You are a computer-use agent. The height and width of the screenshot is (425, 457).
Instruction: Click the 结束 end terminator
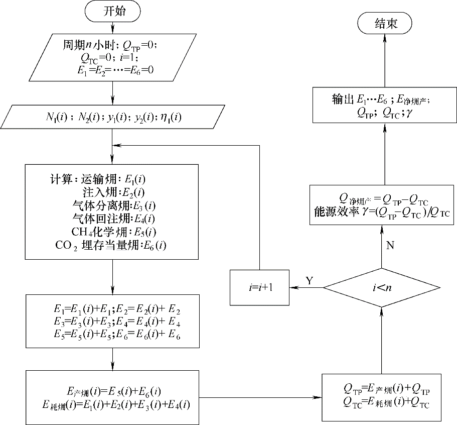(385, 23)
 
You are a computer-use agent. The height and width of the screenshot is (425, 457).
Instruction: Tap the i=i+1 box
(259, 287)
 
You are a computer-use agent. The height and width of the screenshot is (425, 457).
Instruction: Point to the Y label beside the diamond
(310, 281)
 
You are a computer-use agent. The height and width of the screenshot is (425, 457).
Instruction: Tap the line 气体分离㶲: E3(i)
(114, 205)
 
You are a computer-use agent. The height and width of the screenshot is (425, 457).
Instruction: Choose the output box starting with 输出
(385, 105)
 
